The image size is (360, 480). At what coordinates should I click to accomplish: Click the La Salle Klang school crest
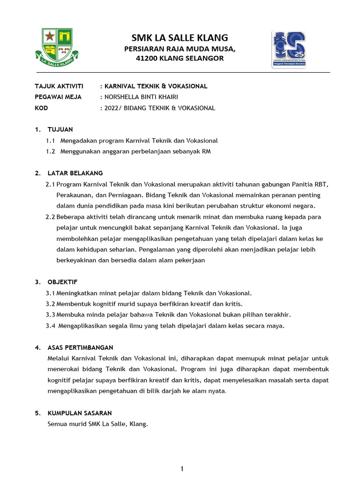tap(56, 46)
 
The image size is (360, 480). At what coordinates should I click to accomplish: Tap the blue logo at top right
tap(289, 49)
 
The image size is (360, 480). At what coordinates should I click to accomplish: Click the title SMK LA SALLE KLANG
tap(180, 37)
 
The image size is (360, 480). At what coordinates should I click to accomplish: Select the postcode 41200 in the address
tap(146, 59)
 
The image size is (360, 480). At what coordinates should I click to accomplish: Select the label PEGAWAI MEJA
tap(58, 97)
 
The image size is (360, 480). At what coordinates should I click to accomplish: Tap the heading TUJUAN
tap(60, 129)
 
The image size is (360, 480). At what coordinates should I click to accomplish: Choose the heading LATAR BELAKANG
tap(75, 173)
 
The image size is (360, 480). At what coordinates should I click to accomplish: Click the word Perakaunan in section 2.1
tap(76, 195)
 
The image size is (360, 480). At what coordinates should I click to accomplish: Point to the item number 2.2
tap(50, 217)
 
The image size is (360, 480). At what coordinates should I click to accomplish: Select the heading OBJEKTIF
tap(62, 282)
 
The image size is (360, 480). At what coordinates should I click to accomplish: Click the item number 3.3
tap(50, 315)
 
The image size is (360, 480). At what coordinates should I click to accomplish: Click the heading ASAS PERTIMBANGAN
tap(80, 347)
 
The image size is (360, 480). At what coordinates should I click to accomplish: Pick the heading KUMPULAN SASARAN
tap(80, 413)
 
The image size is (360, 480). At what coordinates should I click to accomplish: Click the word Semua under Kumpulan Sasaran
tap(58, 424)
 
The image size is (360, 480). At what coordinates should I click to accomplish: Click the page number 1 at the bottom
tap(182, 469)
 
